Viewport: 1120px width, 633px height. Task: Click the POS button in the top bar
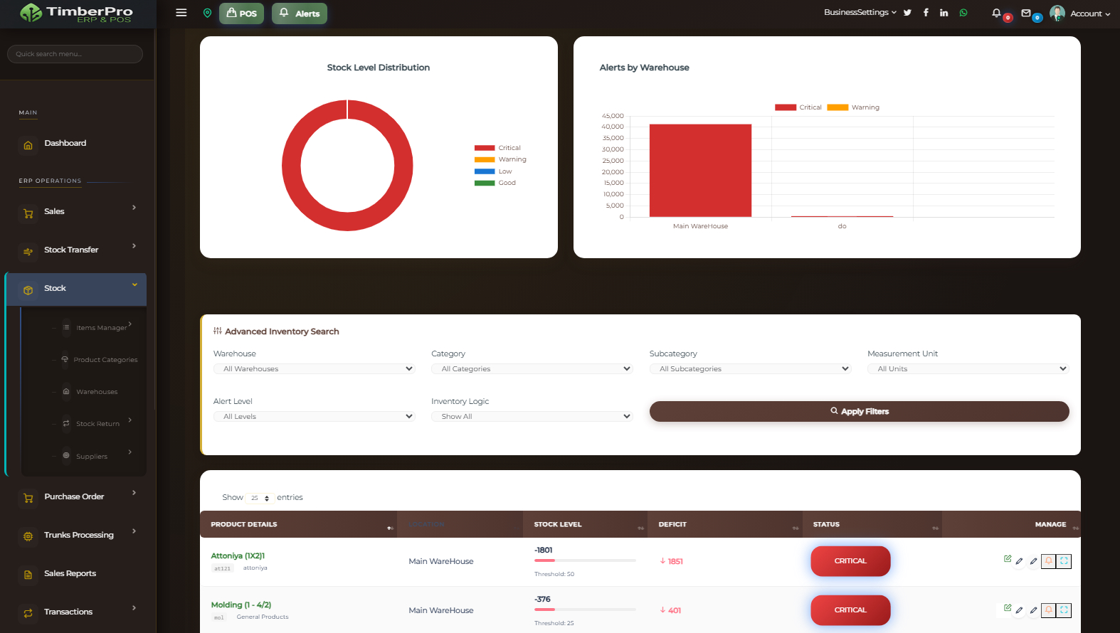241,14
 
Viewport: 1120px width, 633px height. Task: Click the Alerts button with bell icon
300,14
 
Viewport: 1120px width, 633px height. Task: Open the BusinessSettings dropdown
860,12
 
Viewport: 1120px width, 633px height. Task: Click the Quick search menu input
75,54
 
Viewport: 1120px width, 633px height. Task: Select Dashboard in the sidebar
65,143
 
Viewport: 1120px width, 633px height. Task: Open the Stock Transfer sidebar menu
71,250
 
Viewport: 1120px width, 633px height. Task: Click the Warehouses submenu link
97,392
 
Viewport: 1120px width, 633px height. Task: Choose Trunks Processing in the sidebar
78,535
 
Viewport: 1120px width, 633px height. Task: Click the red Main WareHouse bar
700,171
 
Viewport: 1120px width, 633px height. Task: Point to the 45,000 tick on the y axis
613,116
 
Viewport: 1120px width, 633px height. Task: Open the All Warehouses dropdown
314,368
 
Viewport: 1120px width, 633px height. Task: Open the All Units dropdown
968,368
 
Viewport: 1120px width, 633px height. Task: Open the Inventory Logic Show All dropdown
532,416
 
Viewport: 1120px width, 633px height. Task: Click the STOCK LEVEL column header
558,524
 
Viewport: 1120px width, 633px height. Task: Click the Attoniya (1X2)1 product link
238,555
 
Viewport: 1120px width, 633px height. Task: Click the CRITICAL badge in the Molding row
850,610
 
